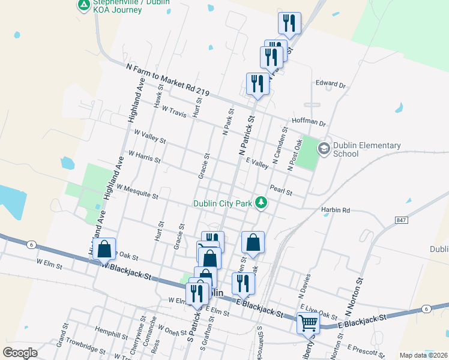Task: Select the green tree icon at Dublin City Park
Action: pyautogui.click(x=261, y=203)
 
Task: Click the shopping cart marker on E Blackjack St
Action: pyautogui.click(x=309, y=322)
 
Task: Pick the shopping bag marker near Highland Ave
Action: pyautogui.click(x=104, y=250)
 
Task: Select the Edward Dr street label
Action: pyautogui.click(x=331, y=84)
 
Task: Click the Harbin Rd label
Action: pyautogui.click(x=335, y=211)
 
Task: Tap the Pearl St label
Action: pyautogui.click(x=280, y=190)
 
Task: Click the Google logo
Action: pyautogui.click(x=20, y=352)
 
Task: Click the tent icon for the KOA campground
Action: pyautogui.click(x=83, y=6)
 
